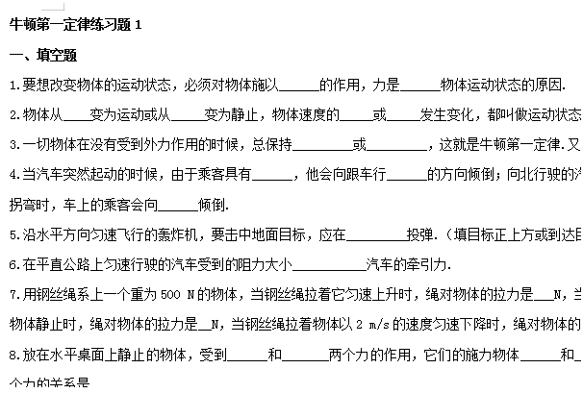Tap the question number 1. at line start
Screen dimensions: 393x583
point(13,85)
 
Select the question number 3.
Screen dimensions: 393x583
point(13,145)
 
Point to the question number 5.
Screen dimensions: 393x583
point(13,233)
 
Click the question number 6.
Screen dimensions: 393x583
point(13,263)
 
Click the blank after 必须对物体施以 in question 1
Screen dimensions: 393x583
point(299,85)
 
